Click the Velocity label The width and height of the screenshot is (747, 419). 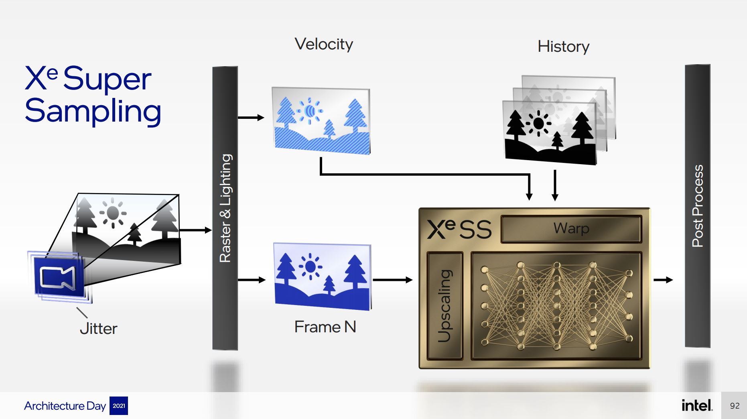coord(324,44)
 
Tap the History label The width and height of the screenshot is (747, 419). coord(563,47)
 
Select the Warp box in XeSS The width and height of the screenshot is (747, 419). coord(571,228)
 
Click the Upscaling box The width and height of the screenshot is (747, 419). coord(445,305)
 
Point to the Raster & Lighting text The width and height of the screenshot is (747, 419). coord(225,208)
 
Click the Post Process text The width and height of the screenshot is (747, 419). coord(698,206)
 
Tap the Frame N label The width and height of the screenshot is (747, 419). coord(325,327)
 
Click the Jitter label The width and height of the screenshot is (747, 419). coord(98,329)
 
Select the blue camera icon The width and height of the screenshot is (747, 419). coord(59,277)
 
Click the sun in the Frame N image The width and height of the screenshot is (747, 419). coord(310,266)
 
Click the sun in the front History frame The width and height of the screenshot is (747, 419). coord(538,123)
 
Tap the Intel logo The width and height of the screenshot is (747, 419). coord(697,405)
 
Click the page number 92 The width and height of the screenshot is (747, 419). coord(735,406)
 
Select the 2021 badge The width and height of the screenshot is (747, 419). coord(119,406)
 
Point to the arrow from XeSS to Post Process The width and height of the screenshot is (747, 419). coord(663,280)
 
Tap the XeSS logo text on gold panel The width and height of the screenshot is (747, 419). coord(459,229)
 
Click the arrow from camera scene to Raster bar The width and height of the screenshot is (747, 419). coord(196,230)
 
